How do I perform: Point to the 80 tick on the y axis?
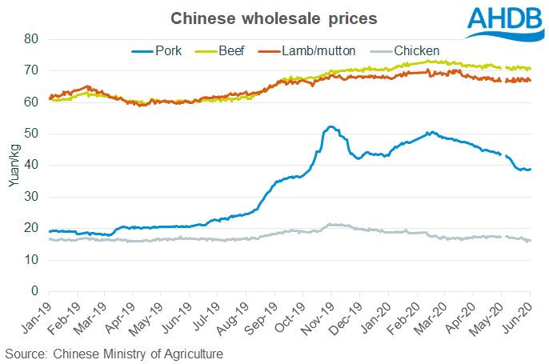click(31, 39)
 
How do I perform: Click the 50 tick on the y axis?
click(31, 134)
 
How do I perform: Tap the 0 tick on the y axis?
click(34, 291)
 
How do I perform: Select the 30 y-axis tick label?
click(31, 197)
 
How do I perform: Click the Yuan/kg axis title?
click(12, 166)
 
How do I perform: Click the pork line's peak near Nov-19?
click(330, 126)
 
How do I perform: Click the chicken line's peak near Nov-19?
click(330, 224)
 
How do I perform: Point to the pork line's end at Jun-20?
click(530, 170)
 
